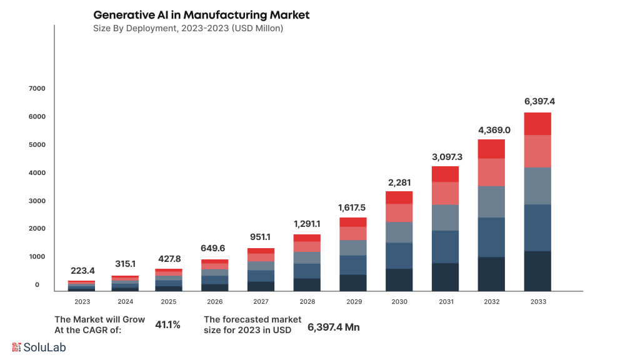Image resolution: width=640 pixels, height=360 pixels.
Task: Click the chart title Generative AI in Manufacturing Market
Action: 201,14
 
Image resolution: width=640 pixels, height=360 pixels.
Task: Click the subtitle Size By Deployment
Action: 187,28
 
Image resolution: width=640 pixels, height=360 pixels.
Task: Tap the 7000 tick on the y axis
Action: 37,89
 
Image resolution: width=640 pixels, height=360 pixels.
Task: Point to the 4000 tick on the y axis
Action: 37,172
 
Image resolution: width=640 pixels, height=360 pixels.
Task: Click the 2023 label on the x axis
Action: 82,301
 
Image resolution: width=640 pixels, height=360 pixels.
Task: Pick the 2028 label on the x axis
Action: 307,301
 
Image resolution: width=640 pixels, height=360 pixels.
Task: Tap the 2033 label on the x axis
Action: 537,301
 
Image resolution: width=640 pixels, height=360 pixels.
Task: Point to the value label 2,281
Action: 399,182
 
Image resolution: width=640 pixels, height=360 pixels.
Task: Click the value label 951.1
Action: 261,236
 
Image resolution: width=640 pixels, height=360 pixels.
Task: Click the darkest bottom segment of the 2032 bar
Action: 491,274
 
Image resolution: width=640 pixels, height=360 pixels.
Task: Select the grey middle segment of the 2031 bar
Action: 445,217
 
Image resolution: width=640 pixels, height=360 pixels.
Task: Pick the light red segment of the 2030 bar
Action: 399,212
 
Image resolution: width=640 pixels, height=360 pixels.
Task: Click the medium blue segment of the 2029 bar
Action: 352,265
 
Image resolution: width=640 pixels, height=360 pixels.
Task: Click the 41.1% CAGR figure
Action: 167,325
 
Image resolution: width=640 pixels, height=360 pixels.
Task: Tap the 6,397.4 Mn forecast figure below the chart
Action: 334,327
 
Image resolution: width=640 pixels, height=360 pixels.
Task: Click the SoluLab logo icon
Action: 17,347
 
